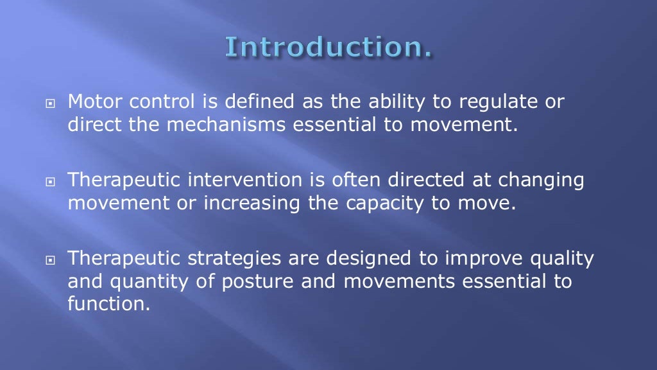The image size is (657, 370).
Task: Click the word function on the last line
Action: [107, 304]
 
